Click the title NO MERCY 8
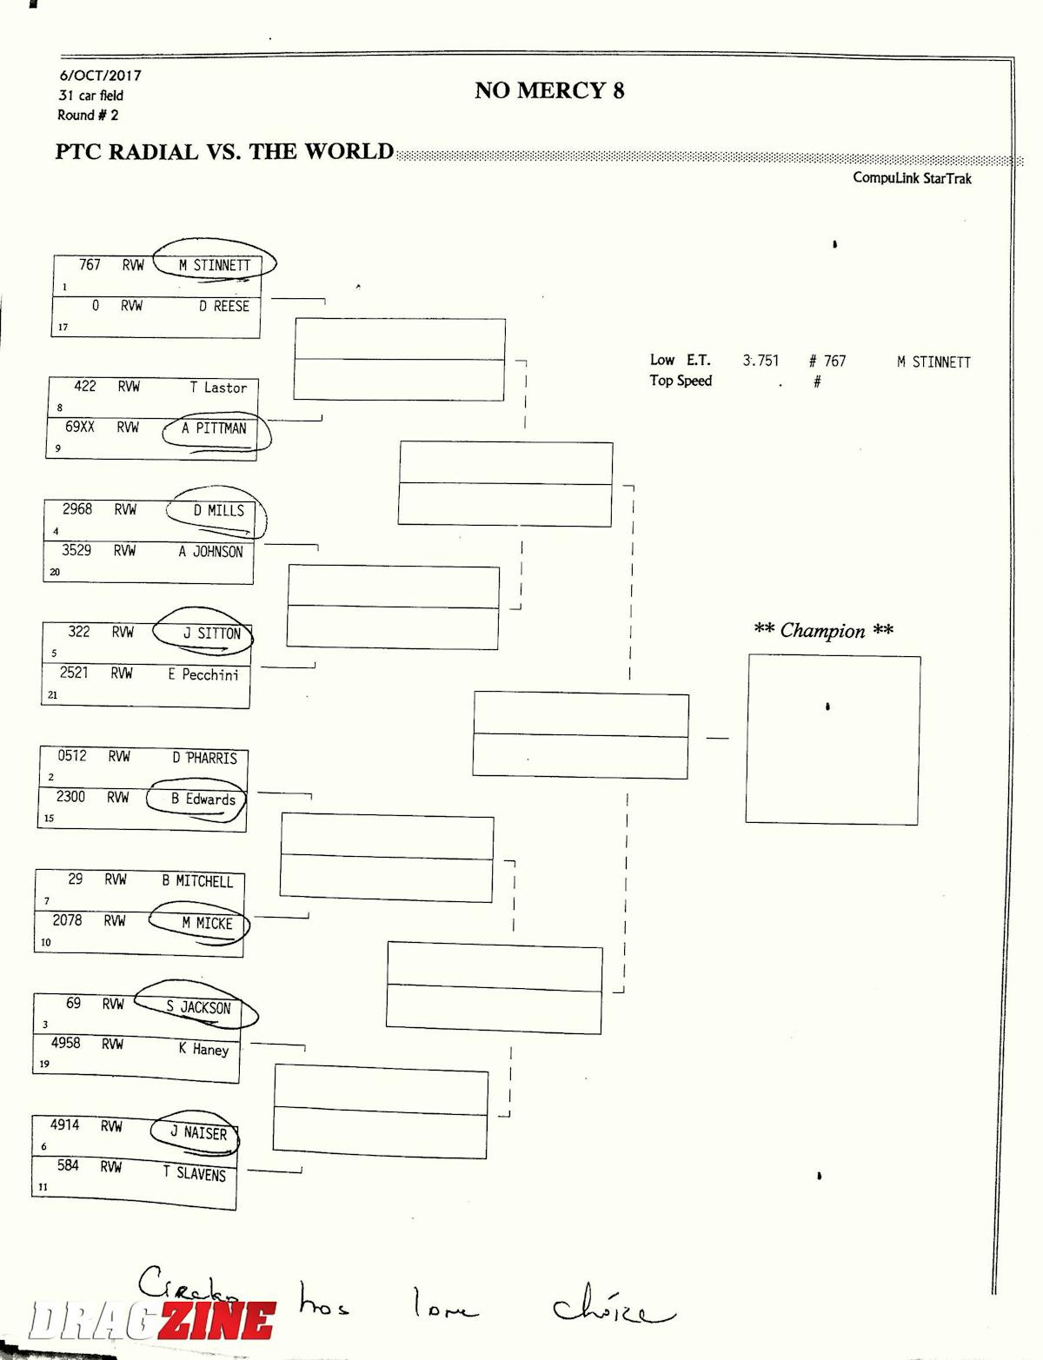[x=549, y=90]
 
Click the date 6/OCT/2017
[x=100, y=76]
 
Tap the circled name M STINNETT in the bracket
[x=215, y=265]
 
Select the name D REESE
[x=223, y=306]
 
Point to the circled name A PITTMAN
[x=214, y=428]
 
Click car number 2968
[x=77, y=509]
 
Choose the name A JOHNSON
[x=211, y=551]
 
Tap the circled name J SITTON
[x=211, y=634]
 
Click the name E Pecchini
[x=203, y=674]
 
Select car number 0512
[x=72, y=756]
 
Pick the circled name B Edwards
[x=203, y=799]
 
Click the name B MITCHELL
[x=197, y=881]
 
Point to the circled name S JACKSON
[x=198, y=1008]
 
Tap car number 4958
[x=66, y=1043]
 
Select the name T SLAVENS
[x=195, y=1174]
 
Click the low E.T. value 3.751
[x=761, y=361]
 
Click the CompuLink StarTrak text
[x=912, y=178]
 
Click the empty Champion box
[x=833, y=740]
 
